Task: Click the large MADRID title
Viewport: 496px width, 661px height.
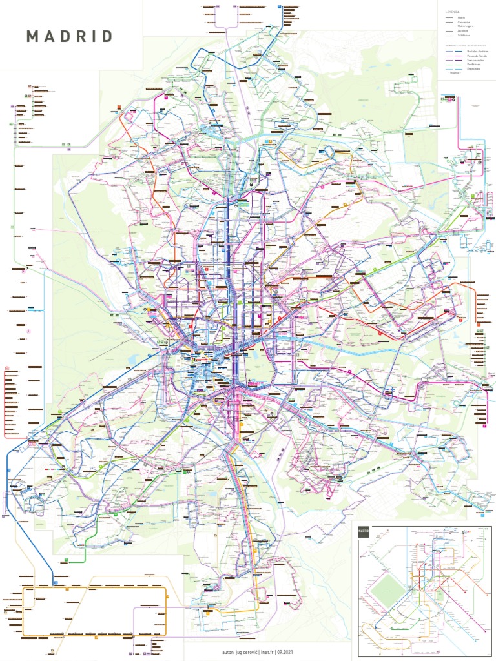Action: point(70,36)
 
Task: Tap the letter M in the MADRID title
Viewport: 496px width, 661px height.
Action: point(32,36)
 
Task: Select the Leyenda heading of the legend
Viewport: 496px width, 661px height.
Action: point(452,12)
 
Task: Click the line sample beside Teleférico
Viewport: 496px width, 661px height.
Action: point(449,35)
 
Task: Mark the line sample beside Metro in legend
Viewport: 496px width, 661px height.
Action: point(449,18)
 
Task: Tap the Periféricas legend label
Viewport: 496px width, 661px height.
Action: point(473,65)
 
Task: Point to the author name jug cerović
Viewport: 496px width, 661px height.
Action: point(246,652)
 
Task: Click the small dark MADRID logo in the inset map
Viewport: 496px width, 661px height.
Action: point(364,532)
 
